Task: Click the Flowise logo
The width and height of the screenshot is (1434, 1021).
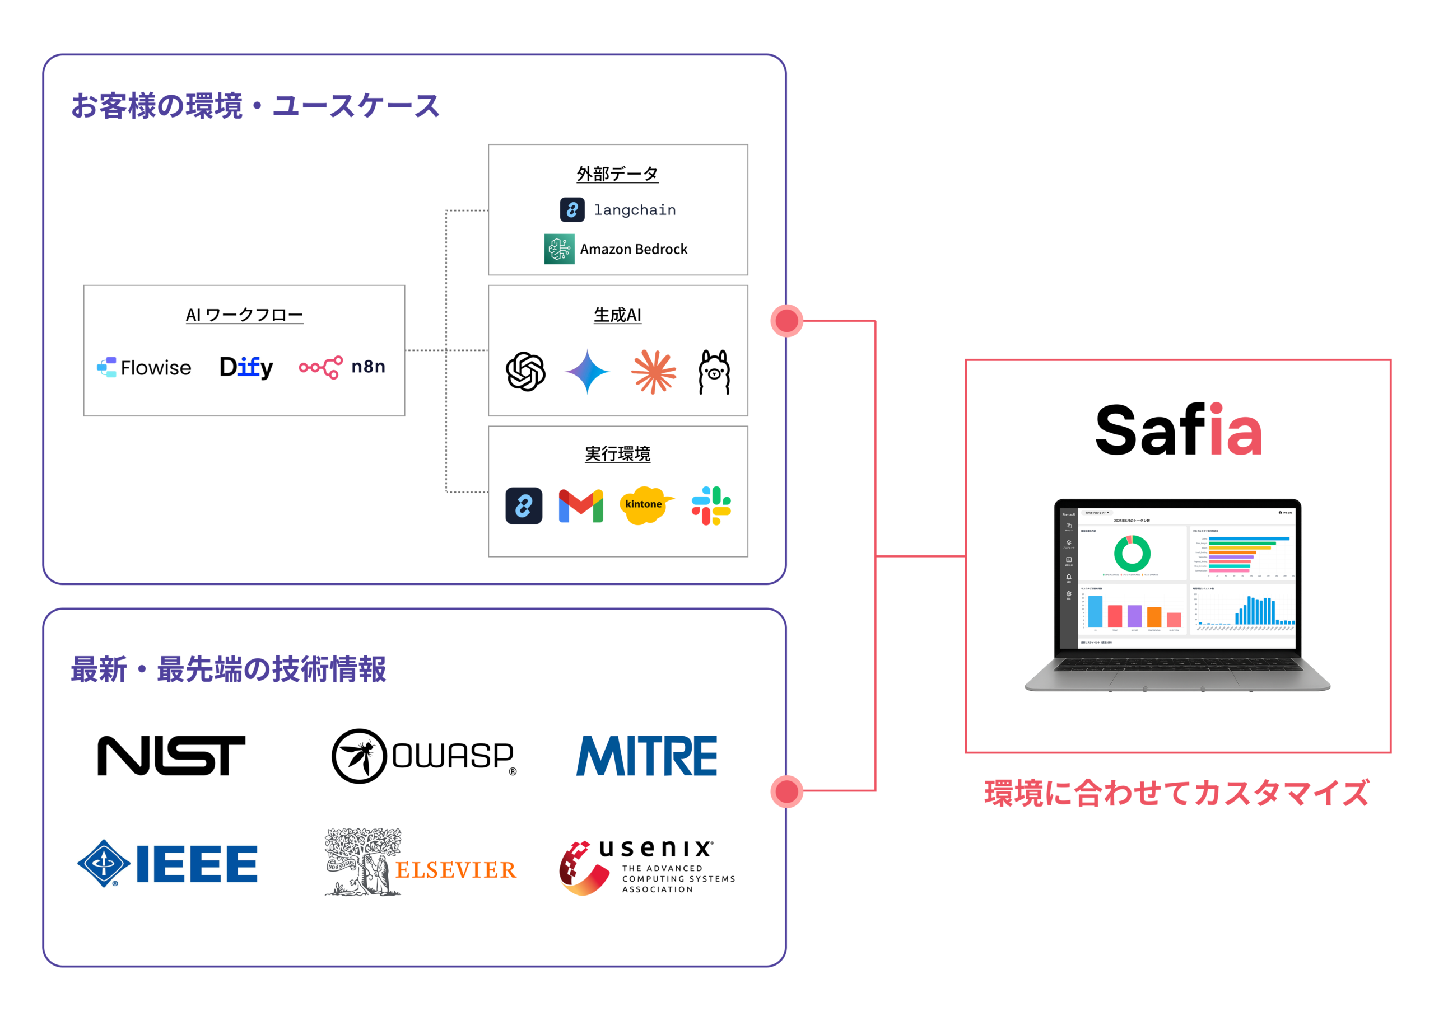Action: [x=144, y=367]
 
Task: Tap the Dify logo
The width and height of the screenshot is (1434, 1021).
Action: [x=246, y=367]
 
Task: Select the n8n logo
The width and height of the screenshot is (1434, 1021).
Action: [x=342, y=367]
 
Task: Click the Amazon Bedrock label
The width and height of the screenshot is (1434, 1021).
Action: [x=633, y=249]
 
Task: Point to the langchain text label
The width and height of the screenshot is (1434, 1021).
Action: [x=635, y=210]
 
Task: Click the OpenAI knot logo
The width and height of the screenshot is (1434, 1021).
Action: [x=525, y=372]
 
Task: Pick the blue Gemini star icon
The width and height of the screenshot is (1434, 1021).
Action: [x=587, y=372]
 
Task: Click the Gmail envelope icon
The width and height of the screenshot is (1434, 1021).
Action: [x=580, y=505]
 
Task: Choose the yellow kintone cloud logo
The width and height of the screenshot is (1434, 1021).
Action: [x=644, y=505]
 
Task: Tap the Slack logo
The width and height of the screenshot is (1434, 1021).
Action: [x=711, y=505]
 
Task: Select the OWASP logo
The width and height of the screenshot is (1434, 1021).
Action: [x=423, y=756]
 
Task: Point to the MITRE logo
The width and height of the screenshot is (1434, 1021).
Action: [x=646, y=756]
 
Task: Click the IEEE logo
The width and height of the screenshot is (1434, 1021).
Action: [x=167, y=864]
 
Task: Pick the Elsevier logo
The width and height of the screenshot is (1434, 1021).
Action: [x=420, y=863]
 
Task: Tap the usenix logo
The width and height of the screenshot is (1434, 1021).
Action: [x=646, y=868]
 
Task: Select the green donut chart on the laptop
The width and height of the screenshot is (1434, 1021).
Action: [x=1132, y=553]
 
